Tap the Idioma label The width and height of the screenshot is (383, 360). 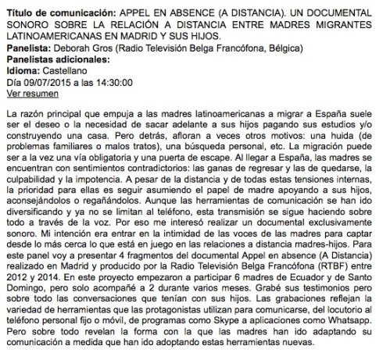(23, 70)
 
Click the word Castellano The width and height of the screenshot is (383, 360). (70, 70)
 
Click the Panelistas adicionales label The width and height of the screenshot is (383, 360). (52, 59)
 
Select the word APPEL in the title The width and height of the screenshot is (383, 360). (131, 14)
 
